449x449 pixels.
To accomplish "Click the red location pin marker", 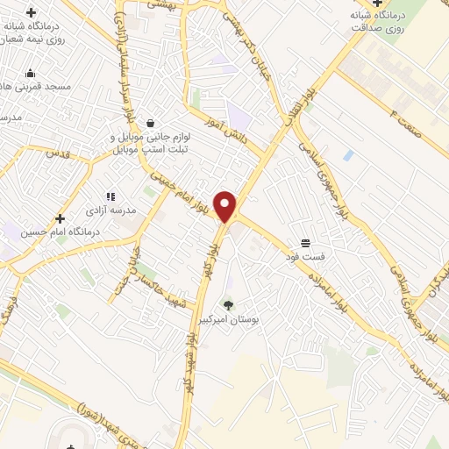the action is [226, 206].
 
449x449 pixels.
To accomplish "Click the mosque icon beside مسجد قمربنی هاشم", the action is [31, 73].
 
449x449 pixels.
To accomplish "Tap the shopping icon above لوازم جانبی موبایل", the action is [153, 123].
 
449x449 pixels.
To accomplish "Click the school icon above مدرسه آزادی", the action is [110, 196].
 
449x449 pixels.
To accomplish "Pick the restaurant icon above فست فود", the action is [305, 241].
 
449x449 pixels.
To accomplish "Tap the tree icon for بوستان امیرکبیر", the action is [229, 304].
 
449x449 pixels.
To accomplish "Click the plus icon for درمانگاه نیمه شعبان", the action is [32, 12].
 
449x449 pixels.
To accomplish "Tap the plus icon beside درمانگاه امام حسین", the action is [60, 218].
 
